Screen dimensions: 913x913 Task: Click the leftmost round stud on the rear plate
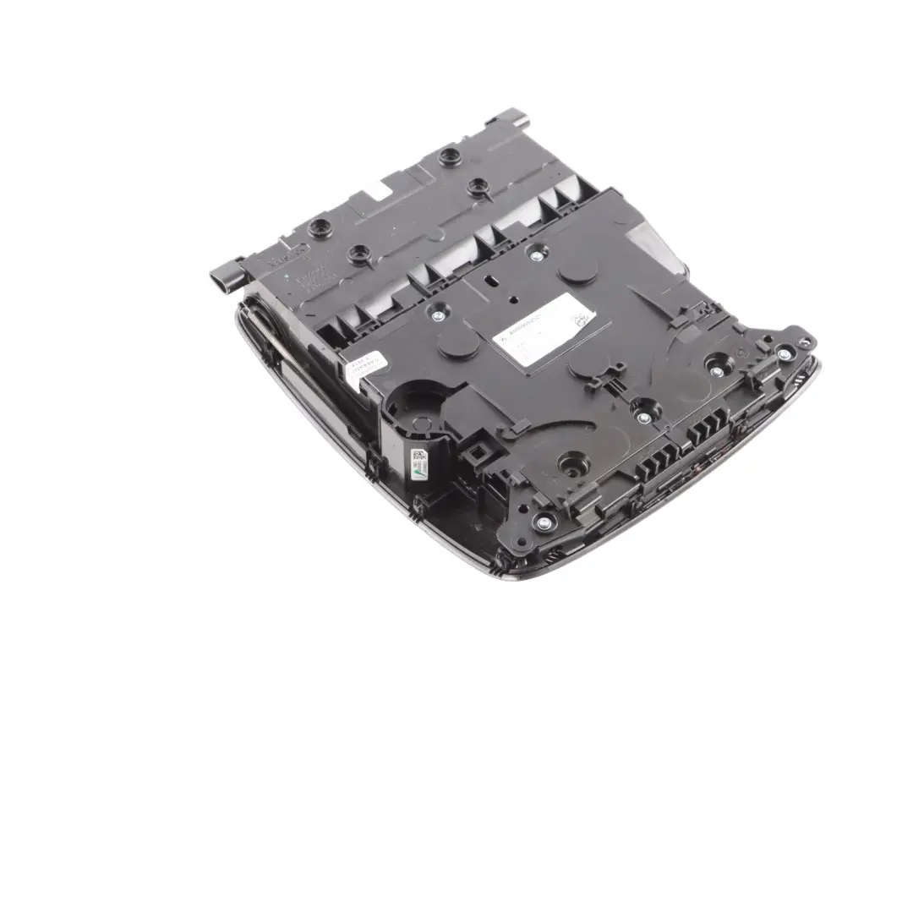320,227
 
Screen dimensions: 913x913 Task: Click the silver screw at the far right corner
785,353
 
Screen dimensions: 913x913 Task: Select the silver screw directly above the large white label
534,251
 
